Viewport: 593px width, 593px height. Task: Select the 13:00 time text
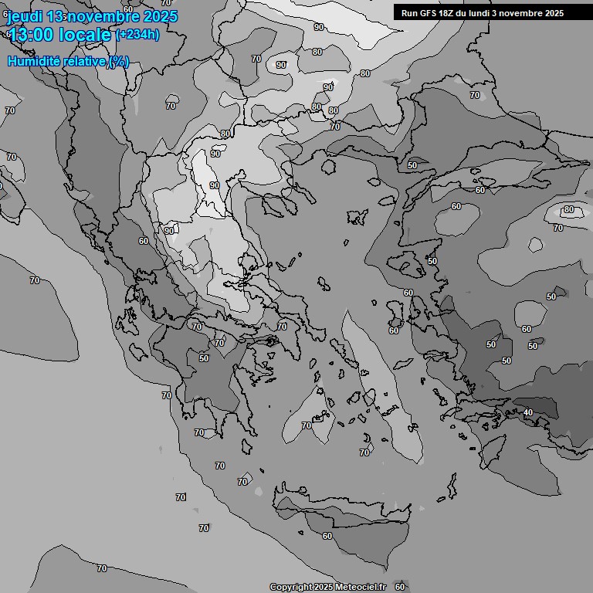click(33, 35)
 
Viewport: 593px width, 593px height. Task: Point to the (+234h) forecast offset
click(137, 35)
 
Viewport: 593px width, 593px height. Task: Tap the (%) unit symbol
click(119, 61)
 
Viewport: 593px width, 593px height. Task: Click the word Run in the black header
click(409, 13)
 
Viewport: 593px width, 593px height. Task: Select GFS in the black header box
click(429, 13)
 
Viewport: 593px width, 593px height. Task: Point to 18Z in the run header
click(449, 13)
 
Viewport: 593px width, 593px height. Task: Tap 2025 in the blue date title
click(159, 16)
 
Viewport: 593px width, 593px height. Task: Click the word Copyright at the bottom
click(290, 588)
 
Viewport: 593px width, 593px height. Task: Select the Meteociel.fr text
click(361, 588)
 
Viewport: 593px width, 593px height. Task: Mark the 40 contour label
click(528, 413)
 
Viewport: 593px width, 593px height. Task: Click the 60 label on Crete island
click(327, 536)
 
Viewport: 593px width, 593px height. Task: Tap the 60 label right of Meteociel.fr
click(399, 587)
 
